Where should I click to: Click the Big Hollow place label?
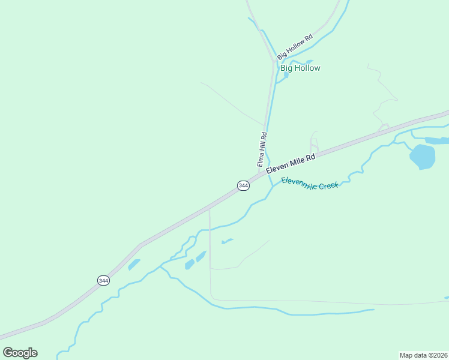pos(300,68)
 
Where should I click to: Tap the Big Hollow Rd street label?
pos(295,46)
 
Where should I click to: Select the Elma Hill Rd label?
pos(261,150)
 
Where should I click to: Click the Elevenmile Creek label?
pos(310,183)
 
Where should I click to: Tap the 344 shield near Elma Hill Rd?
pos(243,185)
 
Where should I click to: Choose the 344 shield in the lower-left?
pos(103,280)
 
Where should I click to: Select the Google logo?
pos(20,353)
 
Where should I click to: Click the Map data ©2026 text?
pos(423,355)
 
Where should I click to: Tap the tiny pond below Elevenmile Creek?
pos(227,241)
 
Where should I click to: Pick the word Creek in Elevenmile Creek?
pos(328,185)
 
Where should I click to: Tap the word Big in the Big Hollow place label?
pos(286,68)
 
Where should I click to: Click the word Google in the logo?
pos(20,353)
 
